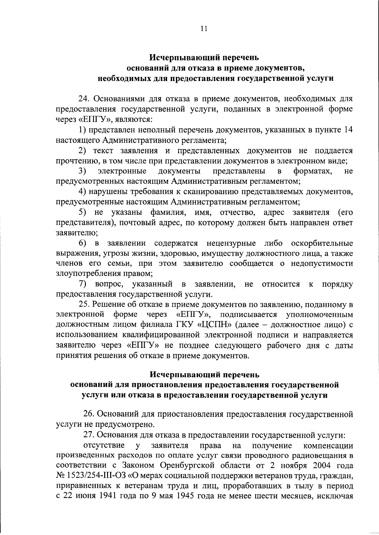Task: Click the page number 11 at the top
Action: coord(204,29)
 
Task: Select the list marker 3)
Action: coord(83,172)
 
